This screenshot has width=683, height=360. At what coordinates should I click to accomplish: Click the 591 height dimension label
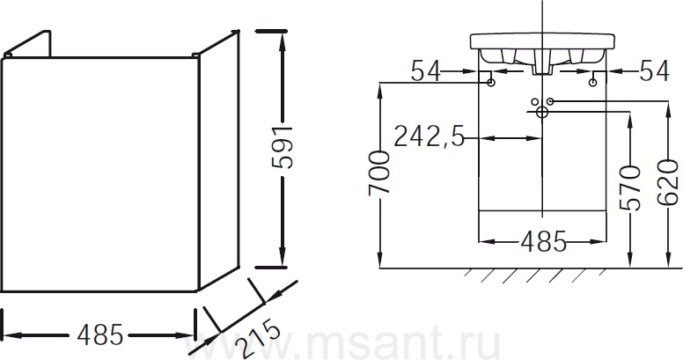pyautogui.click(x=282, y=148)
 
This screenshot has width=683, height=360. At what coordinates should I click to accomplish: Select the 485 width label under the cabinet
pyautogui.click(x=99, y=335)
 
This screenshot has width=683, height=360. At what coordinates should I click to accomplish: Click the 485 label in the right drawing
pyautogui.click(x=543, y=241)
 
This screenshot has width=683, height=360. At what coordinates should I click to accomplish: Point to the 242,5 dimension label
pyautogui.click(x=429, y=137)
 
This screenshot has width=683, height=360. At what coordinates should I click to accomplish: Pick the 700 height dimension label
pyautogui.click(x=378, y=173)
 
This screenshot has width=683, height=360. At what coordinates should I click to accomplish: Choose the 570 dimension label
pyautogui.click(x=630, y=187)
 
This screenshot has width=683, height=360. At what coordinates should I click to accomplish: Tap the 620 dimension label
pyautogui.click(x=668, y=182)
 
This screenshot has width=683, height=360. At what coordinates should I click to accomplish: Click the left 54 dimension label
pyautogui.click(x=426, y=70)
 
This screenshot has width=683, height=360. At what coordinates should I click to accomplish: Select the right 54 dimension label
pyautogui.click(x=654, y=70)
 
